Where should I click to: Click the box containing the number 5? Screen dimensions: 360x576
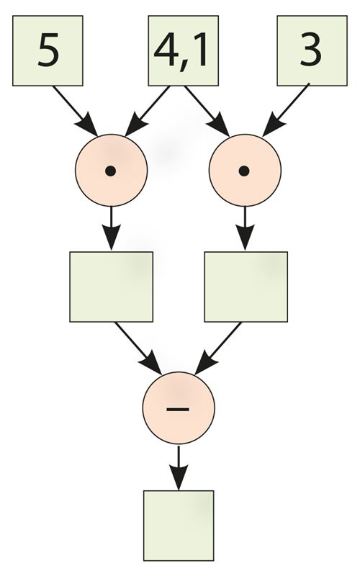(48, 50)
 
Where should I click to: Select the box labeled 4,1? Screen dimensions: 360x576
(184, 50)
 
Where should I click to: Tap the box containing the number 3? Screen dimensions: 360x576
(312, 50)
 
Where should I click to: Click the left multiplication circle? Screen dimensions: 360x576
(112, 171)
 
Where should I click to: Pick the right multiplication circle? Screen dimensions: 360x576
(245, 171)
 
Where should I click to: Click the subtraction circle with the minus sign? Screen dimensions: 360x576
(179, 408)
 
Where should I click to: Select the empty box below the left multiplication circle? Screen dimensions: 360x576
(112, 287)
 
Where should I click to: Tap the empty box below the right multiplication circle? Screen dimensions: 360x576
(246, 287)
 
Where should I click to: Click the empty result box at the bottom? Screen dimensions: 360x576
(179, 526)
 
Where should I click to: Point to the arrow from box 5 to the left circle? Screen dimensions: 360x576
(75, 111)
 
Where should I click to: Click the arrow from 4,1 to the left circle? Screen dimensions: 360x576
(148, 111)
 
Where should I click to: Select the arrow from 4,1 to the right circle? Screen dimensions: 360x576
(207, 111)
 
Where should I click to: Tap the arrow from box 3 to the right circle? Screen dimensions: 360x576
(285, 110)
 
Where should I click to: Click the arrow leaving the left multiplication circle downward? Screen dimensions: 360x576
(111, 228)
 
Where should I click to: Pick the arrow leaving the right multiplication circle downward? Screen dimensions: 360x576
(245, 228)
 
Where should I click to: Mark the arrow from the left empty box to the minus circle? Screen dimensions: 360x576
(138, 348)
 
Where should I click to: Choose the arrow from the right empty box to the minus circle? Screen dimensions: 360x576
(218, 348)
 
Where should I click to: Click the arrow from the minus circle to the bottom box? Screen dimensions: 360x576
(179, 467)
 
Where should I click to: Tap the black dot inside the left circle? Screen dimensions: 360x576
(111, 171)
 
